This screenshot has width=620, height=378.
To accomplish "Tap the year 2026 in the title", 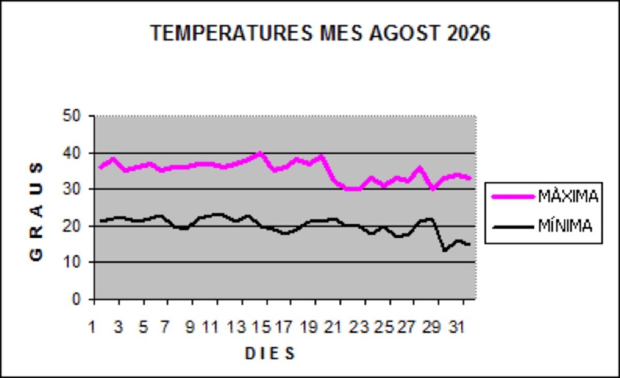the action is click(x=469, y=33).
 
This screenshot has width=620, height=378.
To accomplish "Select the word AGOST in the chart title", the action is click(x=404, y=33).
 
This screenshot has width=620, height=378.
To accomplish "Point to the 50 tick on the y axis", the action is click(x=71, y=116).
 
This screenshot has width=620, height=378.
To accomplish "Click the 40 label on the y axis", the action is click(x=71, y=153).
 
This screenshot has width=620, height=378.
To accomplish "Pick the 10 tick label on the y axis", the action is click(x=71, y=262).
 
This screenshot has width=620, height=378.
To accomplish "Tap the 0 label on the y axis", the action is click(x=77, y=299).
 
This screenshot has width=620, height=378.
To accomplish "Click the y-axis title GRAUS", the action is click(x=36, y=212).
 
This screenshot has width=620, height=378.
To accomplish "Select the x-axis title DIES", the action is click(x=270, y=353).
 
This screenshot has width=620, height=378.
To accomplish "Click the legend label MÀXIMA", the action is click(x=568, y=196).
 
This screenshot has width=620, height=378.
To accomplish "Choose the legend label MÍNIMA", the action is click(x=565, y=226).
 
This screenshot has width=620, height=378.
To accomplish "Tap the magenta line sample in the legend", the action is click(x=513, y=196).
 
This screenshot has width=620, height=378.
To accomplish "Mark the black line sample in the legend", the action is click(x=513, y=227).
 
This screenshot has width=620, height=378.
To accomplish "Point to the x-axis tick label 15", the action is click(x=261, y=327).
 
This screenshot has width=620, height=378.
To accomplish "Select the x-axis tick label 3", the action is click(x=118, y=327).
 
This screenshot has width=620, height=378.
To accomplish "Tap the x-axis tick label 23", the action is click(x=359, y=327).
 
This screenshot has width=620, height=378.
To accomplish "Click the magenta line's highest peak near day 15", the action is click(x=260, y=153).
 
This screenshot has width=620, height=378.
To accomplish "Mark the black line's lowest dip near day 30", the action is click(x=445, y=250).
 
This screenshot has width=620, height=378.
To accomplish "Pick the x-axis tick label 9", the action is click(x=190, y=327).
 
